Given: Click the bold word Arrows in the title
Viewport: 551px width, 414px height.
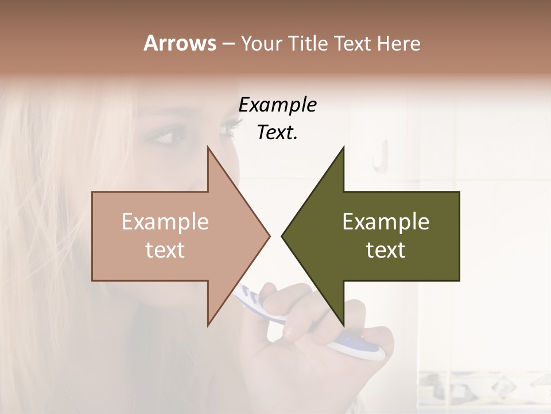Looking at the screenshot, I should tap(180, 43).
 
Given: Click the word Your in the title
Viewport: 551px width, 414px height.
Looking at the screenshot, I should tap(262, 44).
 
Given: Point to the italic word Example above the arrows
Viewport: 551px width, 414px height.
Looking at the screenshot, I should tap(277, 105).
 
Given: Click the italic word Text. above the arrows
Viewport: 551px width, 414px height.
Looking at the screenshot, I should tap(277, 133).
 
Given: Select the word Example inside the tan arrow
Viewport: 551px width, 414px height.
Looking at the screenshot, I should tap(165, 221).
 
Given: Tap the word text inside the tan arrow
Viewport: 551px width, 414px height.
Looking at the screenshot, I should tap(165, 250).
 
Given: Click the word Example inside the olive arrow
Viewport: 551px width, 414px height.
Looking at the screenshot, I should tap(386, 221).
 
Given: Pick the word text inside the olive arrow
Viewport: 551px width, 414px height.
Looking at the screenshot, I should tap(386, 250).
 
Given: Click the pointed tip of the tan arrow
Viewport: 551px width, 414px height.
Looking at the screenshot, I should tap(269, 235).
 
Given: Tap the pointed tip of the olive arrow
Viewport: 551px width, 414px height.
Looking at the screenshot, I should tap(282, 235).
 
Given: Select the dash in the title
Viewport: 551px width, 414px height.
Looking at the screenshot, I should tap(228, 44).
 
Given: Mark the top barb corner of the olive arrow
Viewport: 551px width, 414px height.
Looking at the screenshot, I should tap(343, 147).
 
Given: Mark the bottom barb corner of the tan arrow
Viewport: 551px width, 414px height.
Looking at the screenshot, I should tap(208, 324).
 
